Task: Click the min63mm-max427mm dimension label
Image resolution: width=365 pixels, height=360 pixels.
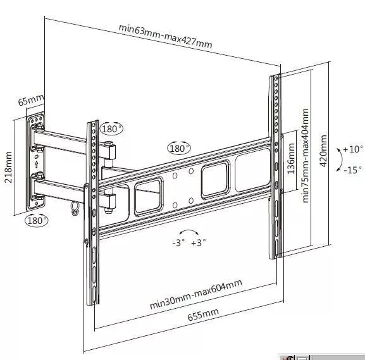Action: pyautogui.click(x=166, y=36)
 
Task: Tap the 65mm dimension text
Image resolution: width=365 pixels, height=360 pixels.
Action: pyautogui.click(x=31, y=100)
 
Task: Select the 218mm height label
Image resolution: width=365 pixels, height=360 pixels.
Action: pyautogui.click(x=8, y=167)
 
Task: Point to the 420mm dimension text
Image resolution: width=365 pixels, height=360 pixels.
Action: pyautogui.click(x=323, y=151)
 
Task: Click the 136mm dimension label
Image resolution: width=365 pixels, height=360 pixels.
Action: pyautogui.click(x=291, y=159)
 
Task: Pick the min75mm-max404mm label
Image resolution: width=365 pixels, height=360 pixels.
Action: pyautogui.click(x=305, y=156)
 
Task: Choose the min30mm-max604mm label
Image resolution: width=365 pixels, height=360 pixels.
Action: pyautogui.click(x=195, y=294)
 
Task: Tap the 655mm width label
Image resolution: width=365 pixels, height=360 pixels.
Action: pyautogui.click(x=203, y=314)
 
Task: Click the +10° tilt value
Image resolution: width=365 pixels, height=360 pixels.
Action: pyautogui.click(x=353, y=149)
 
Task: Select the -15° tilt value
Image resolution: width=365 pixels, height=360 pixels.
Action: pyautogui.click(x=353, y=170)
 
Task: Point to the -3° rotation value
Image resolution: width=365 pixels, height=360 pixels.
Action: pyautogui.click(x=179, y=243)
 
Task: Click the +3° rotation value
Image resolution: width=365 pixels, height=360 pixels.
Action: pyautogui.click(x=199, y=243)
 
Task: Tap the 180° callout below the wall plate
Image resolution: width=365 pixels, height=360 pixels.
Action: pyautogui.click(x=37, y=220)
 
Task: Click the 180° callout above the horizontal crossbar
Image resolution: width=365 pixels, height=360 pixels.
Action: pyautogui.click(x=179, y=148)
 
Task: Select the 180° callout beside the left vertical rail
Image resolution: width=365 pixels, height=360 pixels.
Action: pyautogui.click(x=112, y=128)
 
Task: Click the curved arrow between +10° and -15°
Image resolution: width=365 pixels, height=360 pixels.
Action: pyautogui.click(x=341, y=159)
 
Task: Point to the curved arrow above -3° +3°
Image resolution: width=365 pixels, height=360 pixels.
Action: pyautogui.click(x=189, y=230)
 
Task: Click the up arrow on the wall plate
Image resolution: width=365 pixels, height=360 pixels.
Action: pyautogui.click(x=36, y=164)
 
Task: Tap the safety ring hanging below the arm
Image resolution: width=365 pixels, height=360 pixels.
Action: pyautogui.click(x=75, y=208)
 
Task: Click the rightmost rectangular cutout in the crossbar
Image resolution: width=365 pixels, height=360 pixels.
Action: pyautogui.click(x=252, y=170)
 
